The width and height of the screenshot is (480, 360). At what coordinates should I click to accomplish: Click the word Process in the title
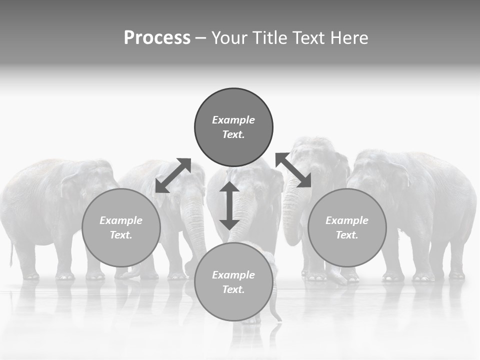(157, 38)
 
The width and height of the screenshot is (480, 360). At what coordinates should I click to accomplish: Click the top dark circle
(233, 127)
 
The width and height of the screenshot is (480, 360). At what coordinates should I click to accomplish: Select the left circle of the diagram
(121, 227)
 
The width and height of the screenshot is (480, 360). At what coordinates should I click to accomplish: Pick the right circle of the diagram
(347, 227)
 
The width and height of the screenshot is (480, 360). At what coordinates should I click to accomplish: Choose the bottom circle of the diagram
(233, 281)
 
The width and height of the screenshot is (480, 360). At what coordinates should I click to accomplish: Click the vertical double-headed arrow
(229, 205)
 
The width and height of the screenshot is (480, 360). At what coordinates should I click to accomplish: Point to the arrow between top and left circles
(173, 175)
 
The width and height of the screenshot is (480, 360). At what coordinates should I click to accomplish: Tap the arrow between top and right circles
(293, 170)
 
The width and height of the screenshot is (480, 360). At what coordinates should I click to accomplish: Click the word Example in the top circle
(233, 120)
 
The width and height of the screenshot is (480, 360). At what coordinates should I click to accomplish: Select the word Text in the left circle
(121, 235)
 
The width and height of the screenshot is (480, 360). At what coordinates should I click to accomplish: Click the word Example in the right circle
(347, 220)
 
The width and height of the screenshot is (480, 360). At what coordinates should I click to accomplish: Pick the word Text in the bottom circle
(233, 289)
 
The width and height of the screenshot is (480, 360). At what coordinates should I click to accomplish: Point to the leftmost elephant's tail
(11, 252)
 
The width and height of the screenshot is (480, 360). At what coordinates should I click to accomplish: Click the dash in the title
(201, 38)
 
